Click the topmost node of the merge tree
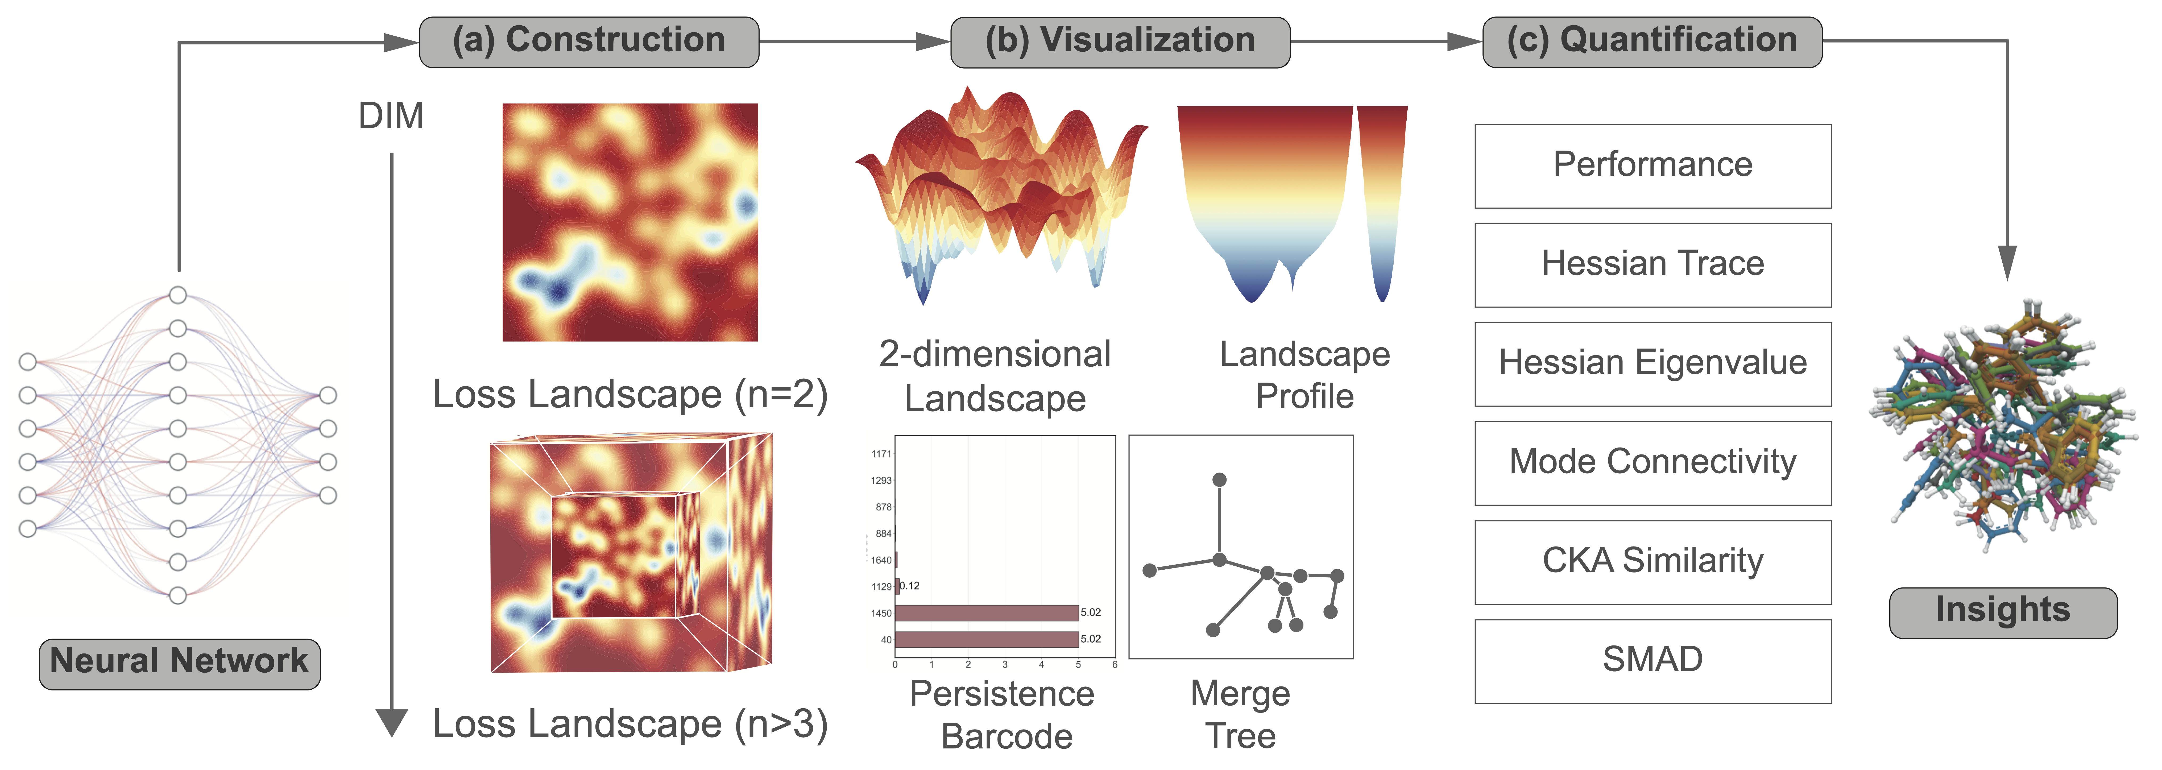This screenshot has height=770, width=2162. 1219,479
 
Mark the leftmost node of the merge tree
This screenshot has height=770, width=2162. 1150,570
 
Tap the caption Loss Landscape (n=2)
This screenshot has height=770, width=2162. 629,395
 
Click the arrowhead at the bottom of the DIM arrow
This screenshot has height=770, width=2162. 391,722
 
